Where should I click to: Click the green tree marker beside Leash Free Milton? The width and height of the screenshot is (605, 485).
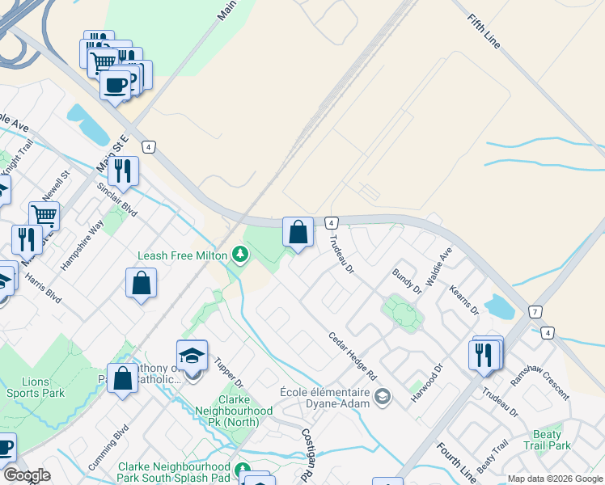pyautogui.click(x=240, y=255)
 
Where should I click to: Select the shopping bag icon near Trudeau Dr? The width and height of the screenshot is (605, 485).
pyautogui.click(x=298, y=233)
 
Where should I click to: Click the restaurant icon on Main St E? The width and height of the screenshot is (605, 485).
pyautogui.click(x=123, y=171)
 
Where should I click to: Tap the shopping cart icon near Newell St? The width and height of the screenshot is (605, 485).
pyautogui.click(x=44, y=216)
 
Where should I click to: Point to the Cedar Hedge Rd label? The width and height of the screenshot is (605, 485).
pyautogui.click(x=353, y=356)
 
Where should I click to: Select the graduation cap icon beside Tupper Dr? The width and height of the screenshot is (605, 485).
pyautogui.click(x=192, y=356)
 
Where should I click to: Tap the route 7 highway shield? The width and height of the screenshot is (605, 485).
pyautogui.click(x=535, y=312)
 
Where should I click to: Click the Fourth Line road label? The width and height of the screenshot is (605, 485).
pyautogui.click(x=456, y=458)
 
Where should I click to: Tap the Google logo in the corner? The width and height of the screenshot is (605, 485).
pyautogui.click(x=27, y=475)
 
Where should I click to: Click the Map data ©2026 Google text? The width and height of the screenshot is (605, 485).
pyautogui.click(x=553, y=479)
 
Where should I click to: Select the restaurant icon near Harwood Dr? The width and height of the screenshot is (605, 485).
pyautogui.click(x=483, y=355)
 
